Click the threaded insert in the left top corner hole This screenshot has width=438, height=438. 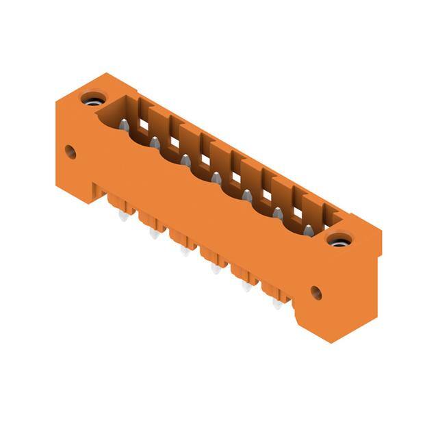(x=91, y=100)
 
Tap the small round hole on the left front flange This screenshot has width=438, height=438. (x=70, y=151)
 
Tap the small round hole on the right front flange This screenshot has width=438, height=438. (x=316, y=293)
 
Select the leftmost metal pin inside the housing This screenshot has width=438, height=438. (x=125, y=125)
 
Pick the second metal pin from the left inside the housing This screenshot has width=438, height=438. (x=155, y=143)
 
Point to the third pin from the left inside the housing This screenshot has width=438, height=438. (x=185, y=160)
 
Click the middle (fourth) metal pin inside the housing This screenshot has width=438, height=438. (x=216, y=178)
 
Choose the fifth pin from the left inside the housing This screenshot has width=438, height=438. (x=246, y=196)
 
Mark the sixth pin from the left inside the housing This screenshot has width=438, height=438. (x=278, y=214)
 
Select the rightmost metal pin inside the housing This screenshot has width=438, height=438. (x=308, y=231)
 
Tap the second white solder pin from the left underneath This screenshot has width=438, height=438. (x=152, y=233)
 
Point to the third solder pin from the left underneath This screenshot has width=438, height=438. (x=184, y=251)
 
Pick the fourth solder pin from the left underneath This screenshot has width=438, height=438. (x=215, y=269)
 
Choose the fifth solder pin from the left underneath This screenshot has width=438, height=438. (x=246, y=287)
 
